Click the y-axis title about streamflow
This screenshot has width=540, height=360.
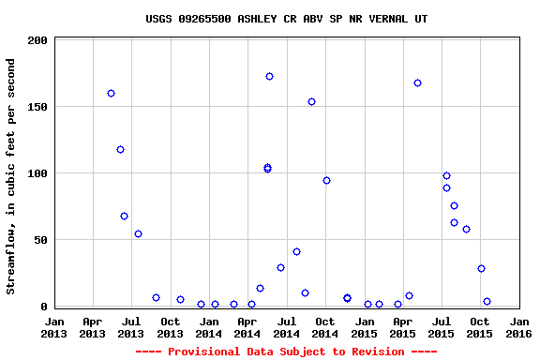(x=11, y=176)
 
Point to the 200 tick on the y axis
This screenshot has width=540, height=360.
(x=38, y=41)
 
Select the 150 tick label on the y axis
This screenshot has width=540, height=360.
(x=38, y=108)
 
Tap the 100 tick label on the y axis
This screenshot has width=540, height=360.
(x=38, y=174)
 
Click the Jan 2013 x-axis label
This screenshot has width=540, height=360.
(x=54, y=327)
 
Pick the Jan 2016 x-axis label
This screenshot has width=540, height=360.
(x=518, y=327)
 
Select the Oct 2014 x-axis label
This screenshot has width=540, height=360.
(x=324, y=327)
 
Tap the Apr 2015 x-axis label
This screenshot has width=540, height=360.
(x=402, y=327)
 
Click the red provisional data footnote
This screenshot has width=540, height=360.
(x=286, y=352)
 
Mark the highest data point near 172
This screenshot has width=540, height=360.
(x=269, y=76)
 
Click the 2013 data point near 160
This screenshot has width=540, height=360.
(x=111, y=93)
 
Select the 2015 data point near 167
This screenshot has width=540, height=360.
(x=417, y=82)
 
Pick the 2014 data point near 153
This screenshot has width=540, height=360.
(x=311, y=101)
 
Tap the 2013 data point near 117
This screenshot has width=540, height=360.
(x=120, y=149)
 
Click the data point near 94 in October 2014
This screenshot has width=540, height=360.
(x=326, y=180)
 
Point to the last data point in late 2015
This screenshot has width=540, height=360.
(x=487, y=301)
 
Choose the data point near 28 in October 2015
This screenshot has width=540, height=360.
(x=481, y=268)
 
